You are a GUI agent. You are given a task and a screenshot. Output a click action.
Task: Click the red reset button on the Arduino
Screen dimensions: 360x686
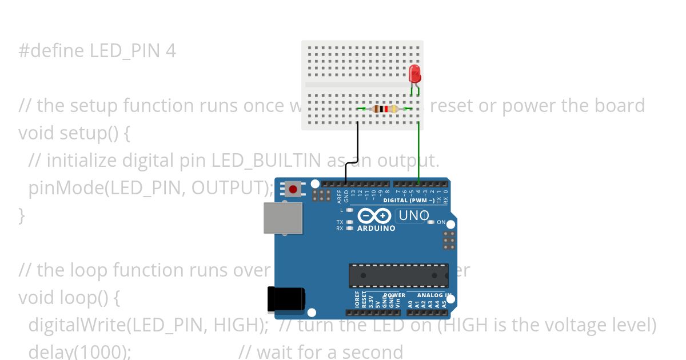coord(294,189)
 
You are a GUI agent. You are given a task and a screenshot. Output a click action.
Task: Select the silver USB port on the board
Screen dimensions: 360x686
coord(282,218)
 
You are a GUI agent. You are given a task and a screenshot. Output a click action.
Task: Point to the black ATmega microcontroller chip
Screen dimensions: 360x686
coord(398,275)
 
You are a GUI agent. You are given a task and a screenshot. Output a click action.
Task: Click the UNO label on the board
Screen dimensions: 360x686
coord(413,216)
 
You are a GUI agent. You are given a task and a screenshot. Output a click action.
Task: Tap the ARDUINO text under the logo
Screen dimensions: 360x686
coord(376,229)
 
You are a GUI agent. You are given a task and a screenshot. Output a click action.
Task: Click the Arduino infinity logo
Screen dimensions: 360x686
coord(374,216)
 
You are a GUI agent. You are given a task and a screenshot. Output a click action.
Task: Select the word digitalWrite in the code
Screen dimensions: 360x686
coord(76,325)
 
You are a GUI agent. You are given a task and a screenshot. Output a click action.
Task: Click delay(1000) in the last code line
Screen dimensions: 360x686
coord(79,351)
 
